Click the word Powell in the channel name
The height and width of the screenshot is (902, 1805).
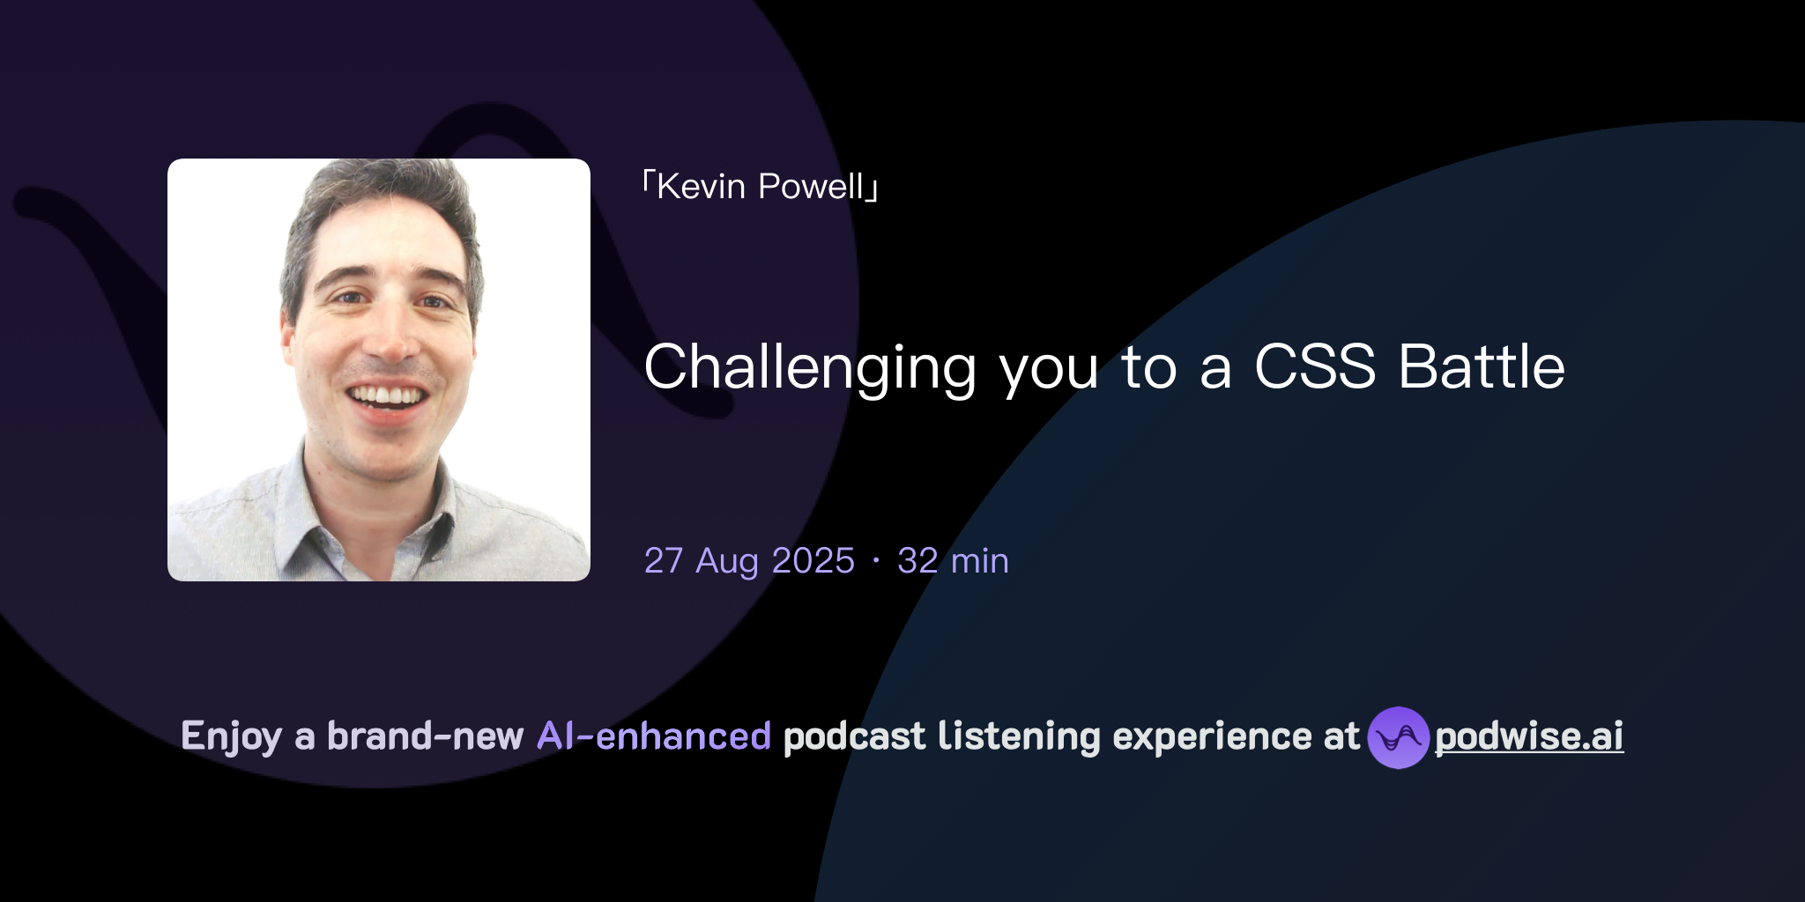[811, 187]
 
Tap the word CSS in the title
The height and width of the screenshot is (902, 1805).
[1314, 366]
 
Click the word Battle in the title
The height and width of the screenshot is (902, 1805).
[1482, 366]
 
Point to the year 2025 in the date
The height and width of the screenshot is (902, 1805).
[813, 561]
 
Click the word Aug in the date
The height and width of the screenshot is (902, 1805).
[727, 561]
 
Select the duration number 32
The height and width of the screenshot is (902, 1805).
[917, 561]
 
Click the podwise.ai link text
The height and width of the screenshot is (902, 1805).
[1529, 736]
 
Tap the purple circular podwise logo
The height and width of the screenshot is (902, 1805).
[1398, 737]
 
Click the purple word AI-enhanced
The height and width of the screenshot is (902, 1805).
[654, 736]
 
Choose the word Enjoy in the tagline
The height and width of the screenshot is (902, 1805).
[231, 736]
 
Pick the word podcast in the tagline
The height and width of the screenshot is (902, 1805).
[854, 736]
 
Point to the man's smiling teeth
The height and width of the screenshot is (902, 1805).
[387, 396]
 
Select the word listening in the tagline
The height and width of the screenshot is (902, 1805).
[1019, 736]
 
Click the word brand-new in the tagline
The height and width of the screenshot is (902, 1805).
[425, 736]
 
